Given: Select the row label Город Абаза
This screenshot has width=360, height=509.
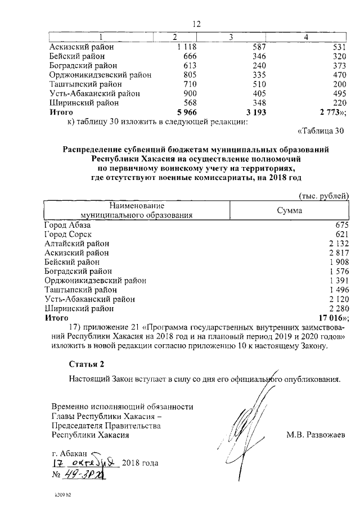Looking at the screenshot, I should [x=67, y=225].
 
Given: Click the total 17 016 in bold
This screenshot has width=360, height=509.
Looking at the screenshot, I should [x=334, y=317].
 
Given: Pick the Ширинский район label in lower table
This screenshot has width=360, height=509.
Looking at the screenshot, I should [x=79, y=308].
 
